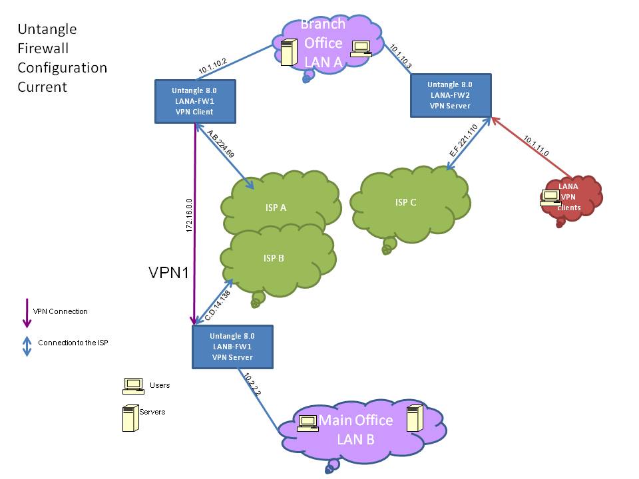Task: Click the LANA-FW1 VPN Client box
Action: [x=194, y=101]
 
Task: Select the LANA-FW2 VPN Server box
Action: [x=450, y=95]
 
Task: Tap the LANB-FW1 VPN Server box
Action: [x=232, y=347]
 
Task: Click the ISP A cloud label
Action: [x=275, y=208]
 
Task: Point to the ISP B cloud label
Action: [x=273, y=258]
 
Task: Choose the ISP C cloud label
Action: [x=405, y=202]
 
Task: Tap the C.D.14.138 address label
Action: [x=218, y=303]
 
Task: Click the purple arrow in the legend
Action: [x=27, y=313]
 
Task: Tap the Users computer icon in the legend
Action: [x=133, y=385]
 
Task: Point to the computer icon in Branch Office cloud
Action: [x=361, y=48]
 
